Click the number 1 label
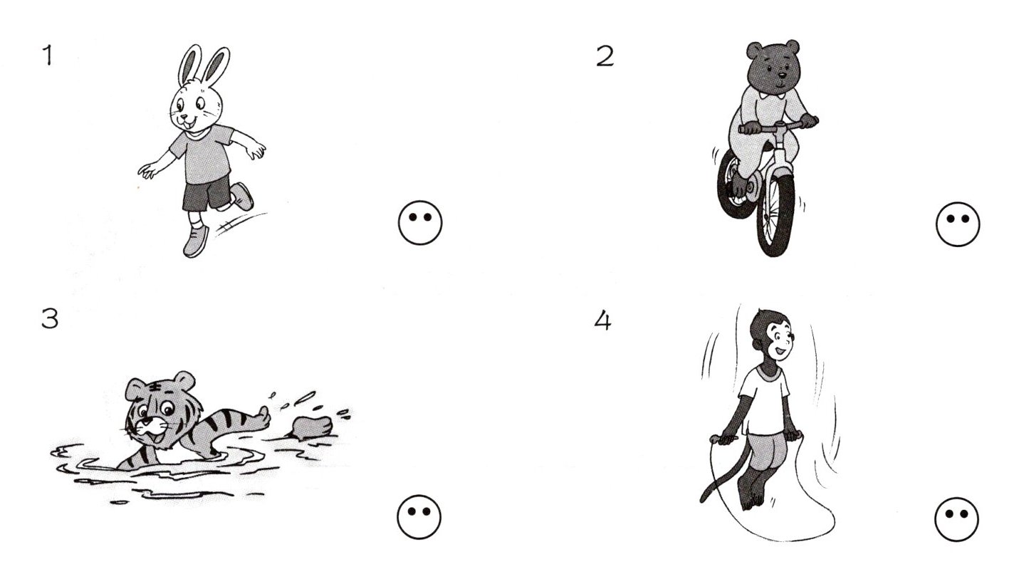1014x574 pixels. coord(48,56)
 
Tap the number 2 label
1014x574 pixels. coord(605,56)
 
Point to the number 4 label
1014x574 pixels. coord(602,320)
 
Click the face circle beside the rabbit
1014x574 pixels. coord(420,223)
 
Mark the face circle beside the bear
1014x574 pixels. coord(958,224)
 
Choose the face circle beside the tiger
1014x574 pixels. coord(419,516)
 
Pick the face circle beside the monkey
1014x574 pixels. coord(956,519)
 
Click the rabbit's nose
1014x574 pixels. coord(185,116)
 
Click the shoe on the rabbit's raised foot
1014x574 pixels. coord(242,196)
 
